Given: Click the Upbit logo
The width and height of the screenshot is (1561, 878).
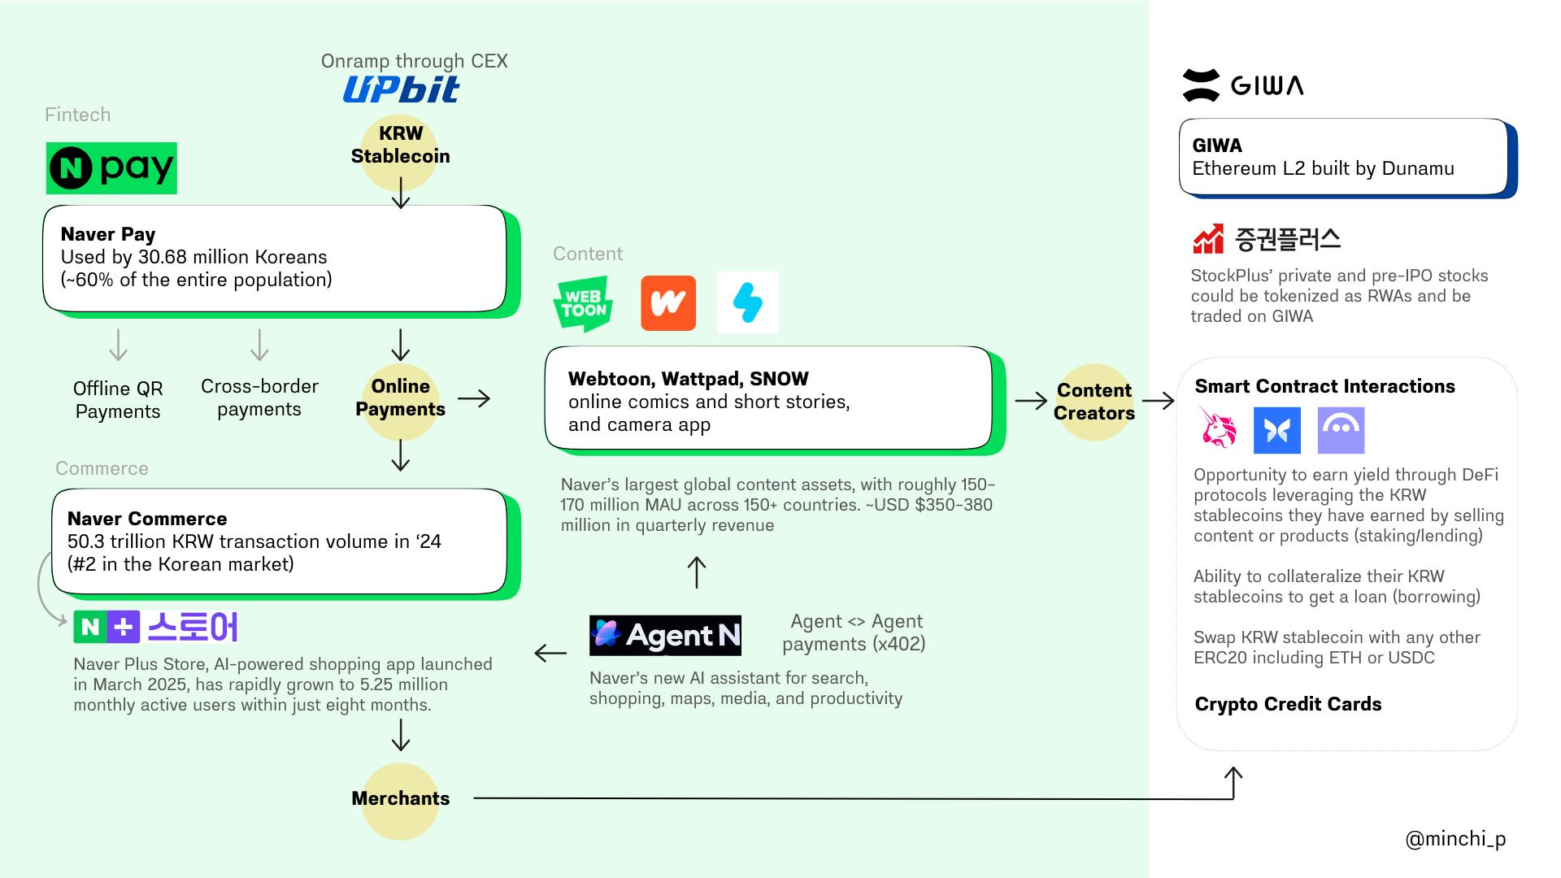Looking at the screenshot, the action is point(401,89).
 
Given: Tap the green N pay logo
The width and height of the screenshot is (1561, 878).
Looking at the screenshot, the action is point(111,168).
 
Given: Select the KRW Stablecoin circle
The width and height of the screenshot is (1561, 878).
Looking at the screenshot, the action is point(400,152).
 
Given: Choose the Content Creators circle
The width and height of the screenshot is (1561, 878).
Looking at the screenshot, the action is point(1094,402).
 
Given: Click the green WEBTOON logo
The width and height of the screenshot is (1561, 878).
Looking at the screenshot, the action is point(583,304).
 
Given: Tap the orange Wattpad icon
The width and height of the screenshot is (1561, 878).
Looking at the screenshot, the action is point(668,303).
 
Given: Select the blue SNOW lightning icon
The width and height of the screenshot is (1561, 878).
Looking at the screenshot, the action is point(747,302).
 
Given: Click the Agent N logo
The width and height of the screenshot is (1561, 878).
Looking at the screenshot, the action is point(665,635).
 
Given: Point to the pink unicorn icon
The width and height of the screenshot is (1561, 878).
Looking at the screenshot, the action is point(1217,428).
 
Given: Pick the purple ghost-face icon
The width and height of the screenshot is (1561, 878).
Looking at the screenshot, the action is point(1341,430).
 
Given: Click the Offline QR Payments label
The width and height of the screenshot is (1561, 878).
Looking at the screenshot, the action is point(118,400).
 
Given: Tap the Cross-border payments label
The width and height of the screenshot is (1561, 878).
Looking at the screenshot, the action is point(259,398).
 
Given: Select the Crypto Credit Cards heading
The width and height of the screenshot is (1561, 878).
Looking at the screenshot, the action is point(1288,704).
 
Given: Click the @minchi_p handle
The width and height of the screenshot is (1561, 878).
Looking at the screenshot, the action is point(1455,839).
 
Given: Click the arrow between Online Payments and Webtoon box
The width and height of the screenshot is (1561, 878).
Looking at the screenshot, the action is point(474,398).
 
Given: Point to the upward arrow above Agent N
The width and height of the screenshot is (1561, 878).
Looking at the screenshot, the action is point(697,572).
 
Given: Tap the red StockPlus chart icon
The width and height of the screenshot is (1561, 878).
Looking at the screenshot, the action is point(1208,239).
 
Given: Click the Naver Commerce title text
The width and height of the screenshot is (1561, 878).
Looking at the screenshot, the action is point(147,519).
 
